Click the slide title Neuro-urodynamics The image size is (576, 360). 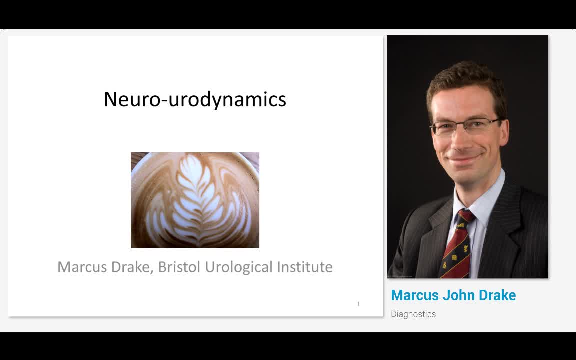pyautogui.click(x=195, y=99)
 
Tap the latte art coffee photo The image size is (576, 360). pyautogui.click(x=195, y=200)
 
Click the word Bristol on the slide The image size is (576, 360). pyautogui.click(x=179, y=267)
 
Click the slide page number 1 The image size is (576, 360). pyautogui.click(x=358, y=304)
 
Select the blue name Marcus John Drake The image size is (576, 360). pyautogui.click(x=453, y=295)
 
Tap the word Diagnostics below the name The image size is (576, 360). pyautogui.click(x=413, y=314)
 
